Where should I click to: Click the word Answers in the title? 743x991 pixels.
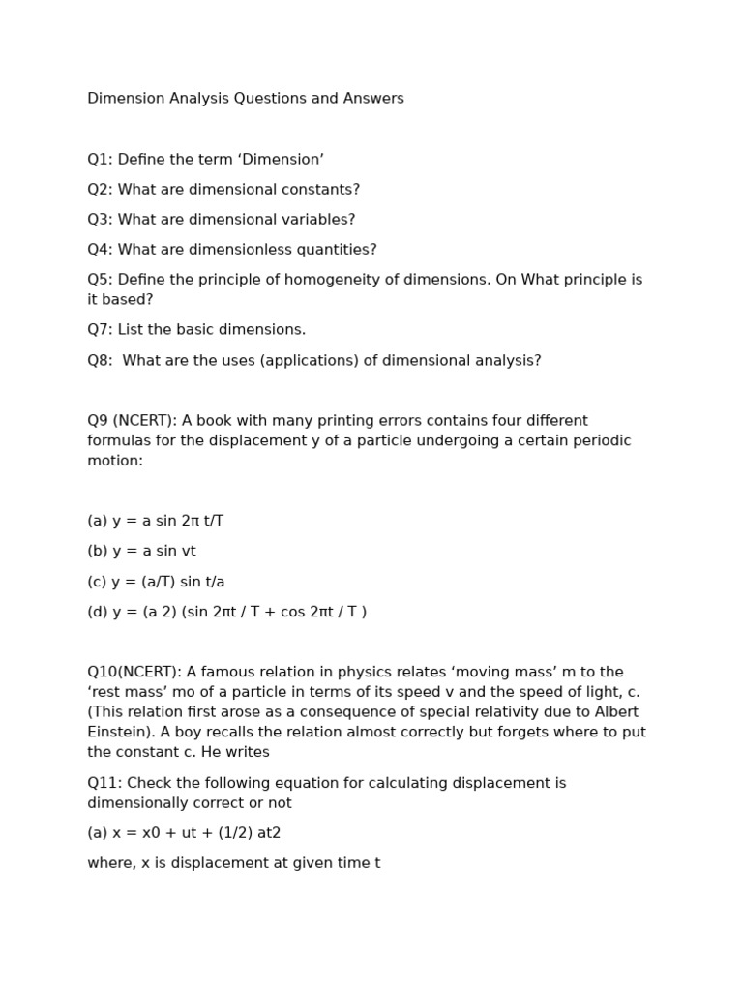pyautogui.click(x=373, y=99)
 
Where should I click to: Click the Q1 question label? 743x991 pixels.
pyautogui.click(x=100, y=160)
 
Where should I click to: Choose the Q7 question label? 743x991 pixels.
pyautogui.click(x=100, y=330)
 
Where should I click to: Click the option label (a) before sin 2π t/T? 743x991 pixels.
pyautogui.click(x=97, y=521)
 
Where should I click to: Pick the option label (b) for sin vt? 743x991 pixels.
pyautogui.click(x=97, y=552)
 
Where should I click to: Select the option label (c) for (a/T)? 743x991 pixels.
pyautogui.click(x=97, y=582)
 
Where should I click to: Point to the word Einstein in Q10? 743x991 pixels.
pyautogui.click(x=119, y=733)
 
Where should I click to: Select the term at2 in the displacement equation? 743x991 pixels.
pyautogui.click(x=267, y=833)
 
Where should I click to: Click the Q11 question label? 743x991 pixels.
pyautogui.click(x=104, y=783)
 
